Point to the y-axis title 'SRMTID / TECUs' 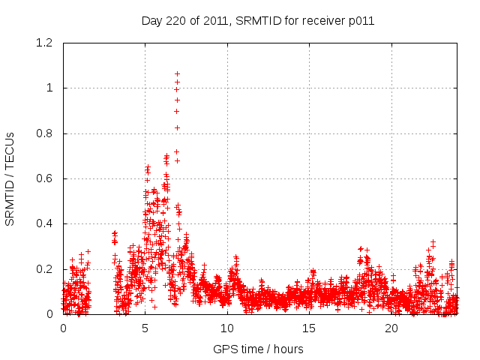coord(10,178)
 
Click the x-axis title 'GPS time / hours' coord(258,349)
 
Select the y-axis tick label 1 coord(49,88)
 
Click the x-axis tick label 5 coord(145,328)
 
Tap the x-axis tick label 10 coord(227,328)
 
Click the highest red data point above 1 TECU coord(177,73)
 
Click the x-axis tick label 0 coord(63,328)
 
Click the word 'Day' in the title coord(151,21)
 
